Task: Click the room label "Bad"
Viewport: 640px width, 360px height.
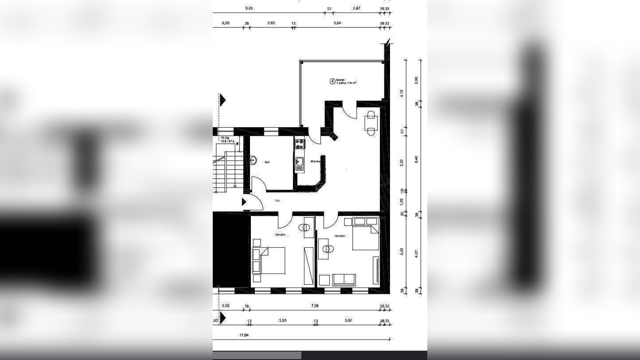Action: [267, 162]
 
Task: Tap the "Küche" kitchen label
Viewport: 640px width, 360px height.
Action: [315, 161]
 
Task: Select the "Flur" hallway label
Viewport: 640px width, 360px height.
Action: [278, 201]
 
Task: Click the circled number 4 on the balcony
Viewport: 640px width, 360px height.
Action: [332, 81]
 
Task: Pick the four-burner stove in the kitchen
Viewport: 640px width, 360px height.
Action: [300, 144]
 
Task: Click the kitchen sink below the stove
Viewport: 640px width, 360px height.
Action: [300, 164]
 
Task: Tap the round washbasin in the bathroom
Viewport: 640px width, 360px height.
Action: [254, 160]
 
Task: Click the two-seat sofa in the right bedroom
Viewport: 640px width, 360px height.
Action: [344, 280]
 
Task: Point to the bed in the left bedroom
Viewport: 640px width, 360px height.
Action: [272, 260]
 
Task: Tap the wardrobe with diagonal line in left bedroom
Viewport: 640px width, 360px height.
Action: [308, 266]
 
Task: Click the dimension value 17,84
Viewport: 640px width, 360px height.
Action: [244, 336]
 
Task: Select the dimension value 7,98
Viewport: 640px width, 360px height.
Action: [315, 306]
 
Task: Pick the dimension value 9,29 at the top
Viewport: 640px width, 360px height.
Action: [249, 8]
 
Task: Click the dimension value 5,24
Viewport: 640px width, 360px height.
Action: [337, 23]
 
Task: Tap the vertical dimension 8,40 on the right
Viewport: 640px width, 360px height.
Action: [416, 159]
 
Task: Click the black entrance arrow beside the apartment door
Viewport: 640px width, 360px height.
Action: [244, 202]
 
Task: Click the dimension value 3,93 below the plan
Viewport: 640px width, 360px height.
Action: [282, 321]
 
